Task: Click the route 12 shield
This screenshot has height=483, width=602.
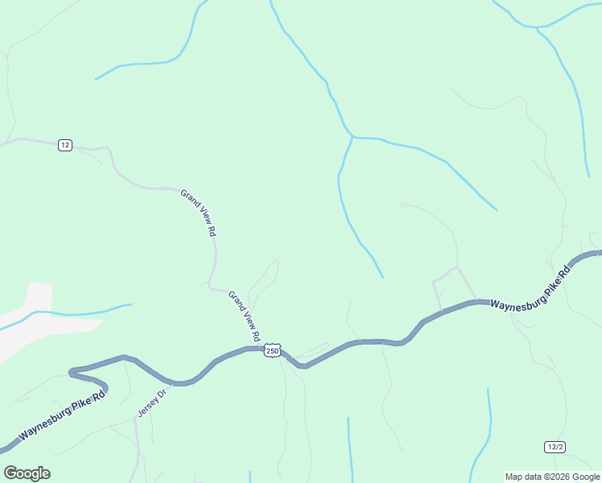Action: click(x=65, y=145)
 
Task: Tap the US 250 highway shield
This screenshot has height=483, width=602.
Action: click(x=273, y=351)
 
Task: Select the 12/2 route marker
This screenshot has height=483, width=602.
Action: click(x=555, y=447)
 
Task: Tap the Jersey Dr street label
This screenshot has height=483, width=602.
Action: click(x=150, y=402)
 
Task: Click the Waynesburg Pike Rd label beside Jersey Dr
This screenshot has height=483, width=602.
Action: click(x=62, y=417)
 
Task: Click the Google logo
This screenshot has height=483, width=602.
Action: click(x=27, y=473)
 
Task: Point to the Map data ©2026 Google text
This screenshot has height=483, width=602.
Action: click(x=552, y=477)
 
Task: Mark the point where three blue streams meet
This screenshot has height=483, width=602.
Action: click(x=353, y=138)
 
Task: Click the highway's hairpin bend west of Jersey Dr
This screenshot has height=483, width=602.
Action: click(x=73, y=373)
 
